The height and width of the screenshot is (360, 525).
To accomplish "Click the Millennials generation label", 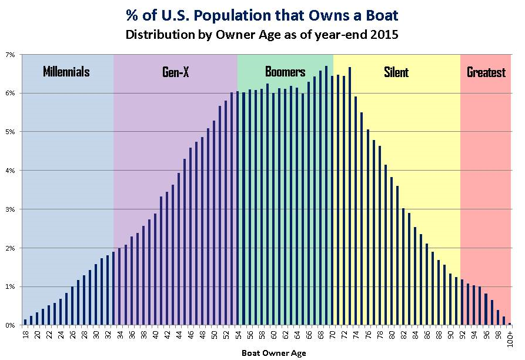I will pos(66,72).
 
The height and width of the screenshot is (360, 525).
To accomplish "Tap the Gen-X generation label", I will pos(175,72).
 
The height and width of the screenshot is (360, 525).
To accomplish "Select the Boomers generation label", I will pos(285,72).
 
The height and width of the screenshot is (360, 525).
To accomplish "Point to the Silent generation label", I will pos(396,72).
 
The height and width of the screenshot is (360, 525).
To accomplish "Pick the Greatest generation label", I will pos(486,72).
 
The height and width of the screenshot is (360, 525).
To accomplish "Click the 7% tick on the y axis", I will pos(11,55).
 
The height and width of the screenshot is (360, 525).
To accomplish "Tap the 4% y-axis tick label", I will pos(11,171).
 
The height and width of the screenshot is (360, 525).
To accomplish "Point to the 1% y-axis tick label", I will pos(11,286).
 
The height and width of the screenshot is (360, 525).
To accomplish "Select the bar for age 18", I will pos(25,322).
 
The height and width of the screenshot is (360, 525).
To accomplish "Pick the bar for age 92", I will pos(463,302).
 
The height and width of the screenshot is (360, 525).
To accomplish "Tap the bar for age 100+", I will pos(510,324).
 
